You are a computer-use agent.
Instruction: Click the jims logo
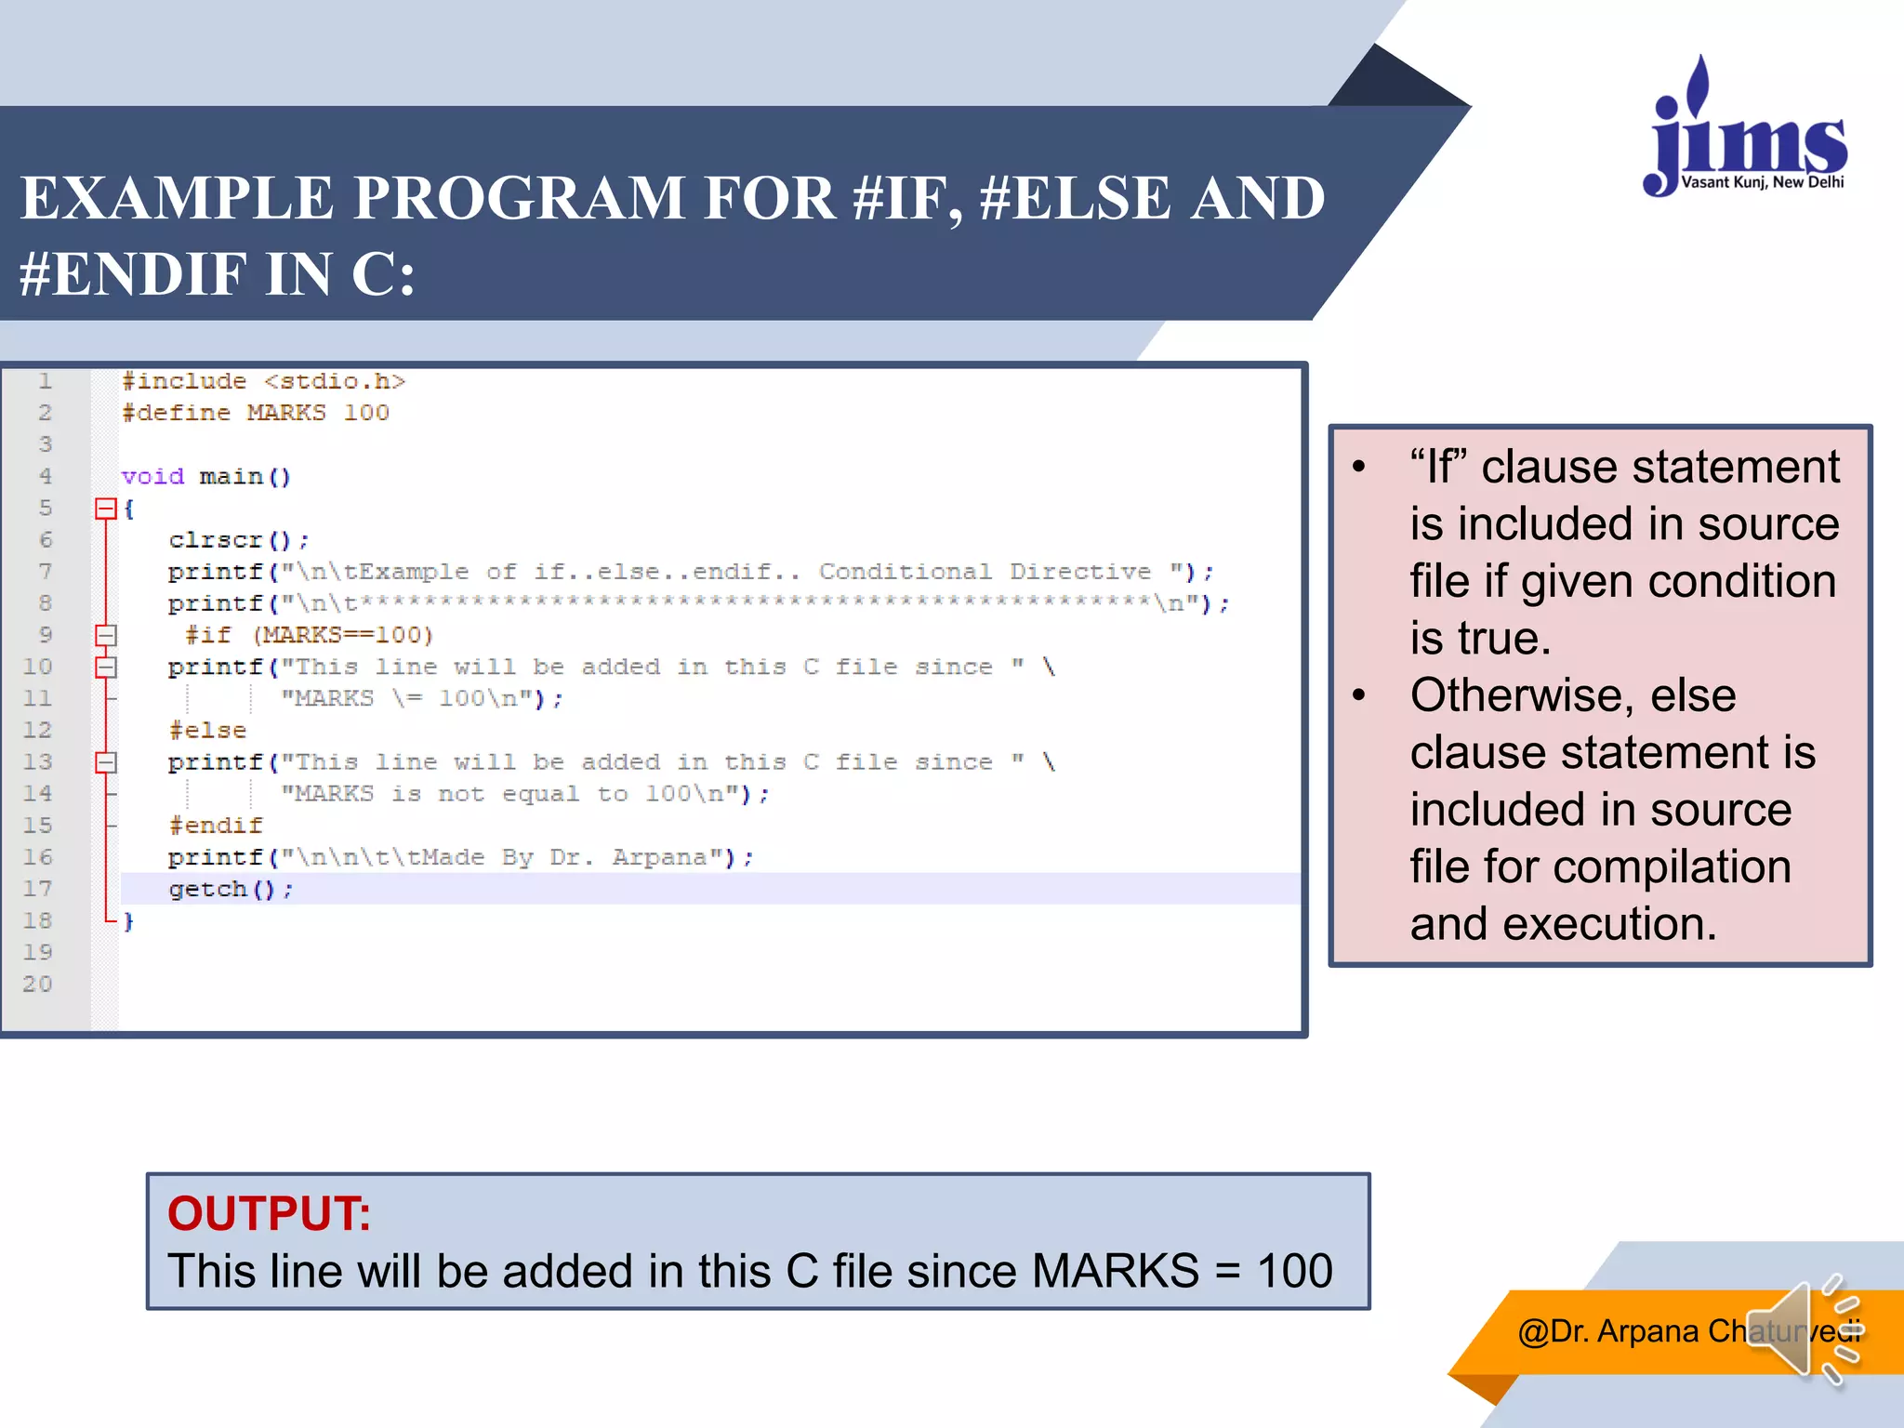click(x=1746, y=130)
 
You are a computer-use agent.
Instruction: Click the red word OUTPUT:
click(x=269, y=1213)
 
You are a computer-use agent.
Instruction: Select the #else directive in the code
click(x=207, y=731)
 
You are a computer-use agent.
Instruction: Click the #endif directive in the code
click(x=216, y=826)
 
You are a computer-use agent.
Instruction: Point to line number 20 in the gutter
click(x=37, y=984)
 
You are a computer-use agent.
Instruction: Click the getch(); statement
click(x=231, y=890)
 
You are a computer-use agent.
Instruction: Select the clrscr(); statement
click(x=238, y=540)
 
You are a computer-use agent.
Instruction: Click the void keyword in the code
click(x=152, y=477)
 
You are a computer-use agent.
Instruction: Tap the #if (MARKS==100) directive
click(x=309, y=635)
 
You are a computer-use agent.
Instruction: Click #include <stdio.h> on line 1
click(x=263, y=381)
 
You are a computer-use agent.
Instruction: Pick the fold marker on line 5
click(x=105, y=509)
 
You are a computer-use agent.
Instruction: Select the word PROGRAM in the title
click(x=519, y=198)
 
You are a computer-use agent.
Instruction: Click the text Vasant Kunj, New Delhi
click(x=1762, y=182)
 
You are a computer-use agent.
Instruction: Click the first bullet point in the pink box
click(x=1359, y=467)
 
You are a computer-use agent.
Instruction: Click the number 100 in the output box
click(x=1294, y=1271)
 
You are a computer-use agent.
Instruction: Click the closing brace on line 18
click(x=129, y=921)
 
